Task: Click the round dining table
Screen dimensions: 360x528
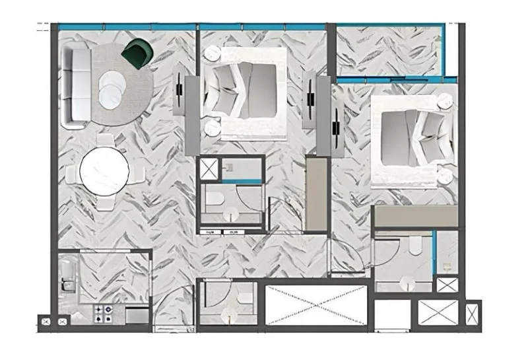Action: (104, 171)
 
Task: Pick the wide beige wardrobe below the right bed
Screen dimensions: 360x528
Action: (414, 216)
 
